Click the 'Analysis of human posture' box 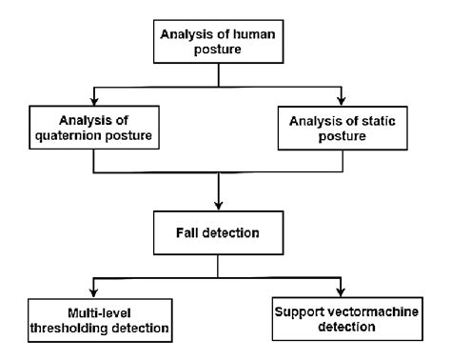[222, 41]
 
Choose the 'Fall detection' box [221, 233]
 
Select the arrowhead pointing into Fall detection [221, 207]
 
